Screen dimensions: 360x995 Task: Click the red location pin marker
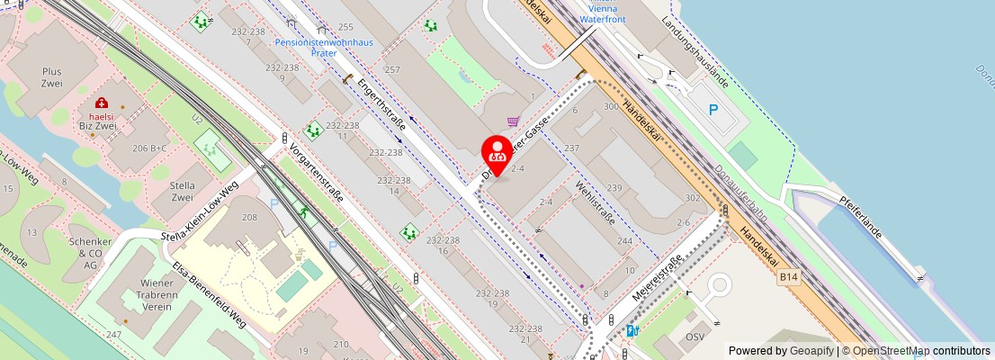pyautogui.click(x=497, y=153)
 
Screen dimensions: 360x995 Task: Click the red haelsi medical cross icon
pyautogui.click(x=102, y=103)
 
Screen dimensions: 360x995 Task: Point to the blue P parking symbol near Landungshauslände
pyautogui.click(x=713, y=110)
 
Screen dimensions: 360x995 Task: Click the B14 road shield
pyautogui.click(x=789, y=281)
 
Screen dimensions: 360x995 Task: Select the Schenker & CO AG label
pyautogui.click(x=91, y=253)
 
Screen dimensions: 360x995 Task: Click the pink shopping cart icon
pyautogui.click(x=513, y=121)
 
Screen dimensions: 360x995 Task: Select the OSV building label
pyautogui.click(x=695, y=337)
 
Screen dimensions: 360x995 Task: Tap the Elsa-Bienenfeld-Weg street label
pyautogui.click(x=211, y=298)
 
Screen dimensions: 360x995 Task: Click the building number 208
pyautogui.click(x=249, y=218)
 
